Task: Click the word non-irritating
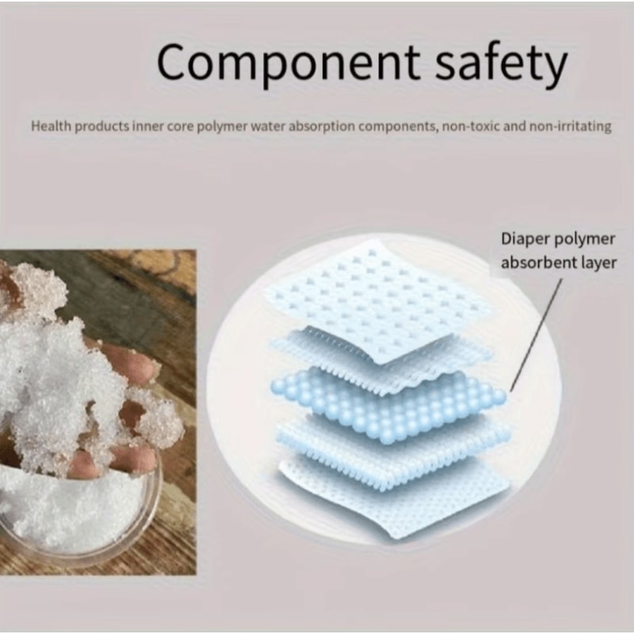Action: (569, 126)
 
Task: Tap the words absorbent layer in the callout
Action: (558, 262)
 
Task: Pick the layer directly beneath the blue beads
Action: (388, 448)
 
